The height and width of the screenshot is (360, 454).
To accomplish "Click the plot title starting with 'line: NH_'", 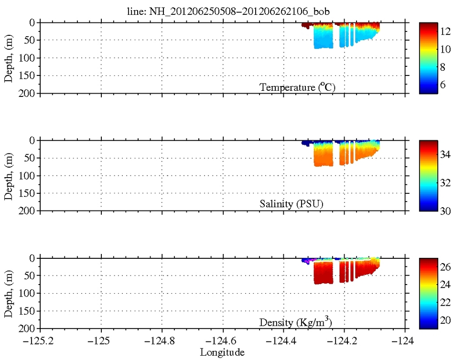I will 224,11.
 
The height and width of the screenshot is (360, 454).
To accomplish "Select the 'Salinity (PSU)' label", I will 292,204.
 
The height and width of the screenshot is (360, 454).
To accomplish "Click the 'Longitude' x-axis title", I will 222,352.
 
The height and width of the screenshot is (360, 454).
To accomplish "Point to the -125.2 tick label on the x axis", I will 40,341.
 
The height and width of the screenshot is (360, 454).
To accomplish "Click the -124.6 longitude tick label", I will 223,341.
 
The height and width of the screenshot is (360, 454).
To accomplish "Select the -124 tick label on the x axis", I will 405,341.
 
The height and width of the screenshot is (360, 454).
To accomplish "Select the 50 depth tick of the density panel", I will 32,275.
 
